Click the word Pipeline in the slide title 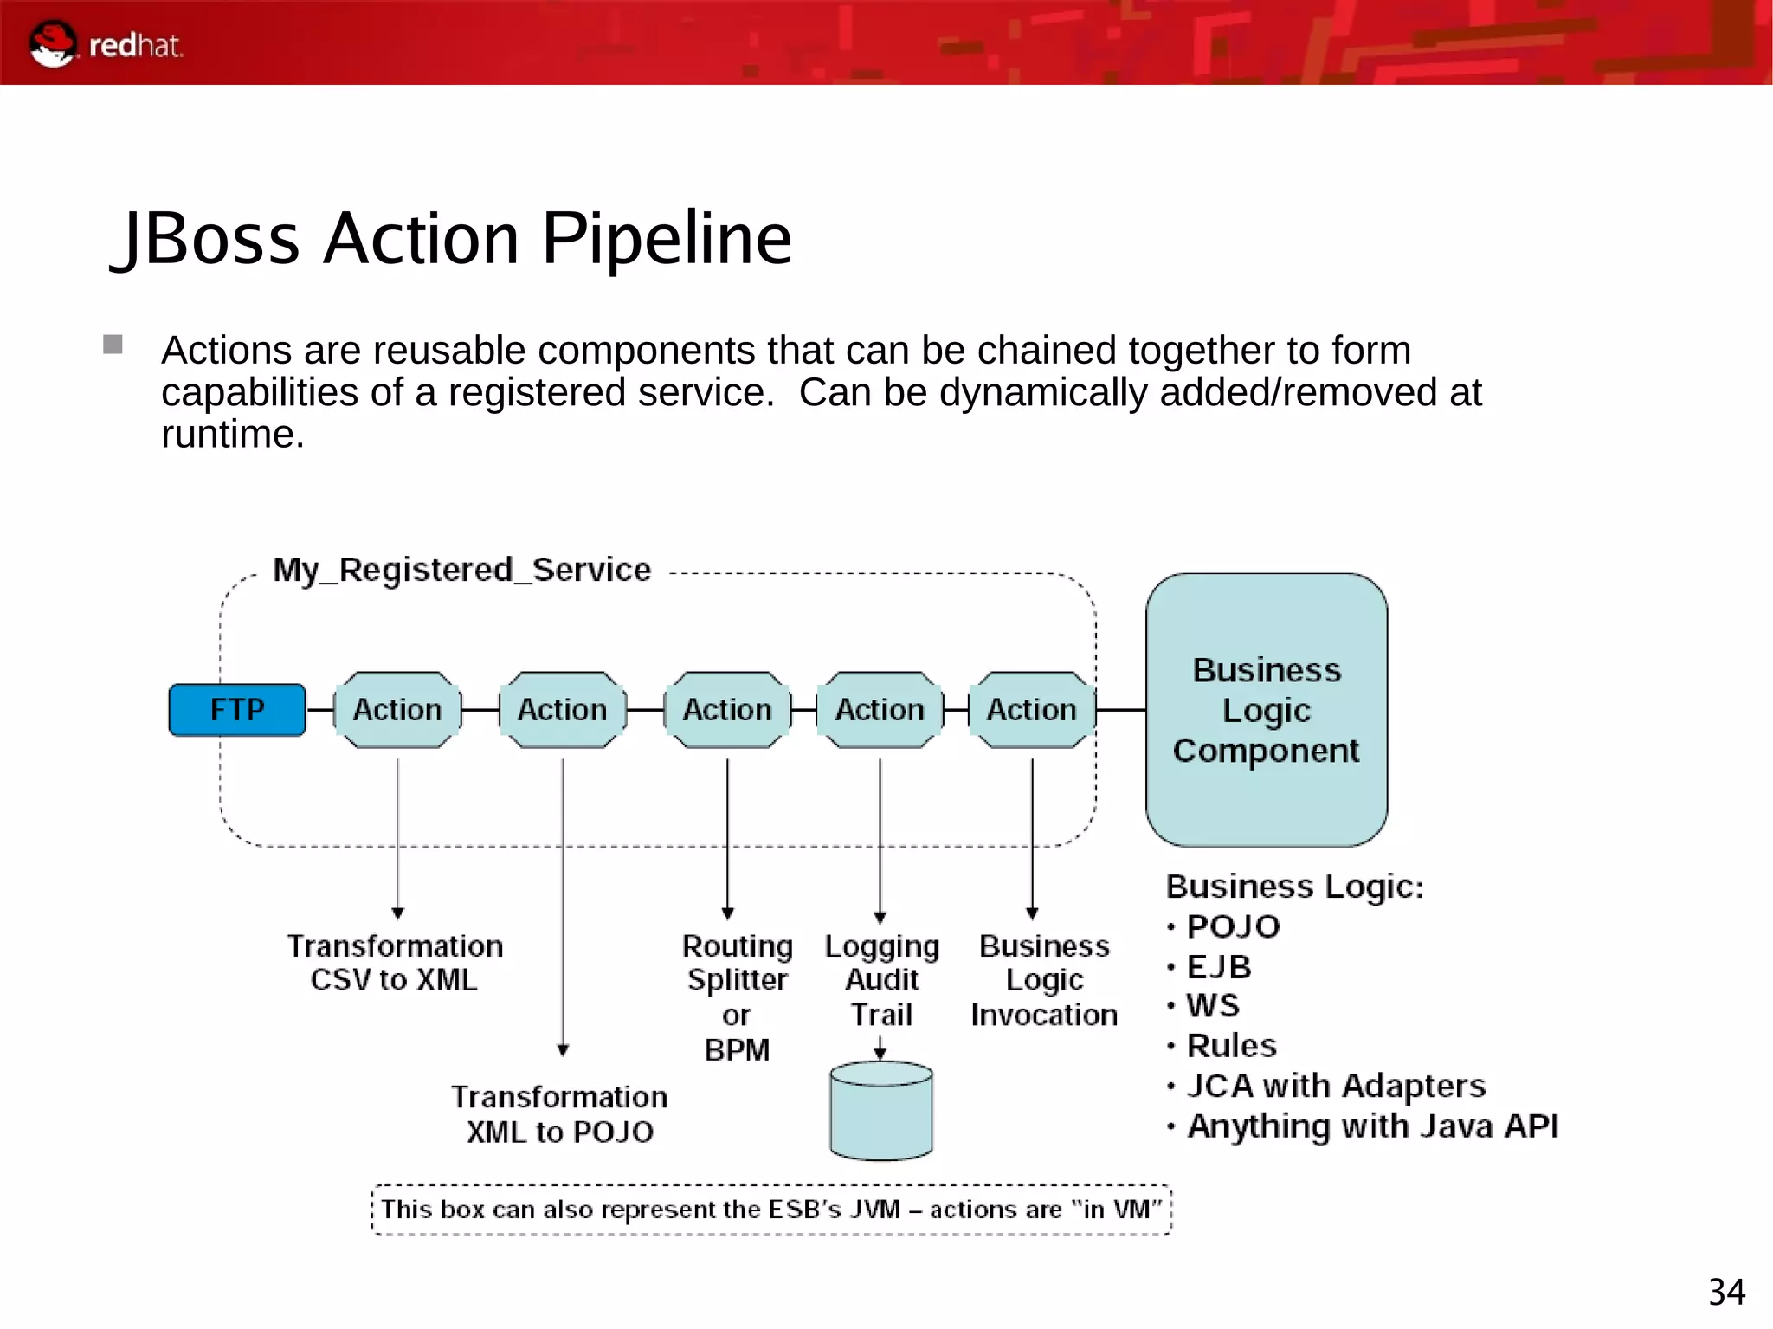tap(666, 239)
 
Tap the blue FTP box tap(237, 710)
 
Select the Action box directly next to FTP tap(397, 710)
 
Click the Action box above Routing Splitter tap(727, 710)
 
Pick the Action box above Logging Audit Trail tap(880, 710)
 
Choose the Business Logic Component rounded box tap(1266, 710)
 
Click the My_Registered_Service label tap(461, 570)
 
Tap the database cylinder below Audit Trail tap(880, 1113)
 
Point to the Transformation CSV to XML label tap(395, 963)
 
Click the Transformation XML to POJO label tap(559, 1114)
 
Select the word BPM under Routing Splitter tap(737, 1050)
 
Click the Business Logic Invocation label tap(1044, 980)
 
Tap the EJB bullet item tap(1218, 966)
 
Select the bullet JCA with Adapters tap(1335, 1086)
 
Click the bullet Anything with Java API tap(1371, 1126)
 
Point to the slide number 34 tap(1725, 1293)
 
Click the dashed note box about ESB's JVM tap(770, 1210)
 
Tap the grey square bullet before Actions tap(113, 345)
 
